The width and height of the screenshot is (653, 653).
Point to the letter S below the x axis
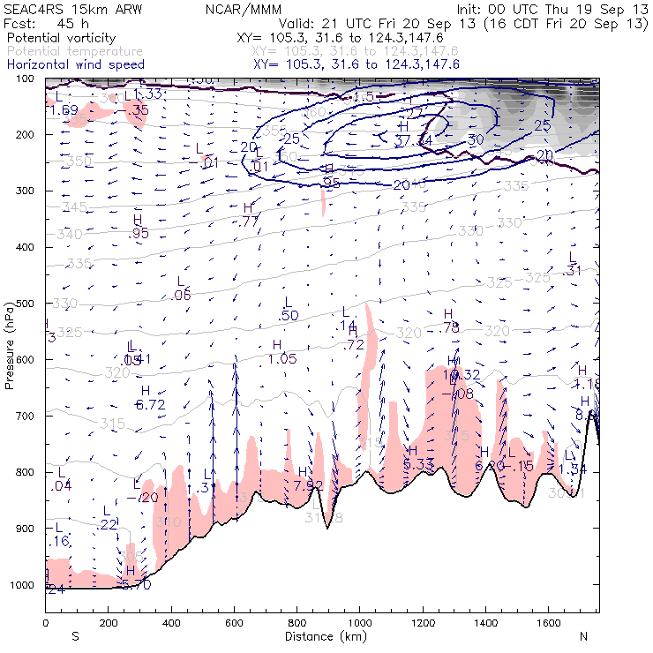coord(75,636)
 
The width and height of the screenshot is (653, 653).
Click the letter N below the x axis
coord(582,636)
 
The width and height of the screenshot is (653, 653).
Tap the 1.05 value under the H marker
coord(282,358)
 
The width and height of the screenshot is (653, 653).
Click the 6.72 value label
coord(150,405)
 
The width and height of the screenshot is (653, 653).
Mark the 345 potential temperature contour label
coord(75,206)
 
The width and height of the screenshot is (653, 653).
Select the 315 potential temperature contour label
coord(112,424)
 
